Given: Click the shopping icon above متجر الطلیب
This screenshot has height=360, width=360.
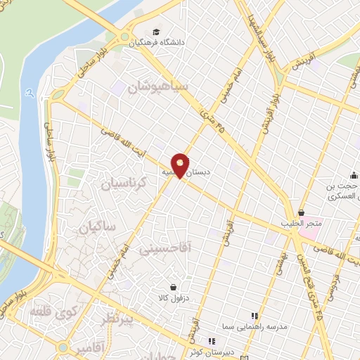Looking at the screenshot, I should pyautogui.click(x=302, y=212).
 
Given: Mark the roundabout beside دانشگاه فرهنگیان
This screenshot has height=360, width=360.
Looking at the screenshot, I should pyautogui.click(x=125, y=38).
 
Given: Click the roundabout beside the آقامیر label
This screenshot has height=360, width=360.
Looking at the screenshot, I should pyautogui.click(x=64, y=347).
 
